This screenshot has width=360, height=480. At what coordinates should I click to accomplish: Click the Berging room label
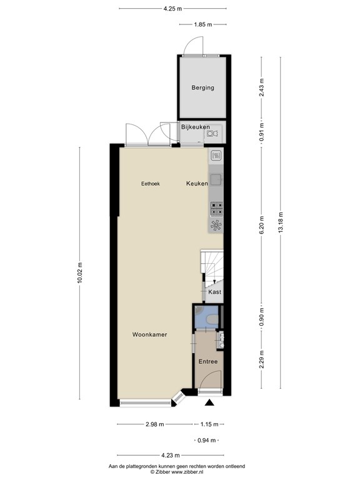tap(202, 87)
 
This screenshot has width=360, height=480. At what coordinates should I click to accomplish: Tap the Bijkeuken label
tap(195, 127)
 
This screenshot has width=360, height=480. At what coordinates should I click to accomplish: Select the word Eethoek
tap(150, 184)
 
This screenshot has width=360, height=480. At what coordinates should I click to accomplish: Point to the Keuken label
tap(197, 183)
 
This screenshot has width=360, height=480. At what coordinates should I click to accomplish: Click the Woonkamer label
tap(150, 334)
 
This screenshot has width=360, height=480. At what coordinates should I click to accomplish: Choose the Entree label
tap(208, 361)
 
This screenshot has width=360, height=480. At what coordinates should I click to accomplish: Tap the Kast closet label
tap(214, 292)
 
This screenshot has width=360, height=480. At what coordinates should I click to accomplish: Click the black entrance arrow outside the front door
tap(210, 403)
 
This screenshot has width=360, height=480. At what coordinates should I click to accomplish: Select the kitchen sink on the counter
tap(216, 179)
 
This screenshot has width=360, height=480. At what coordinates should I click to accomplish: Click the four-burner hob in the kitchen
tap(216, 209)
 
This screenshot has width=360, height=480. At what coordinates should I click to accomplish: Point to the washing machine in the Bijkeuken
tap(212, 133)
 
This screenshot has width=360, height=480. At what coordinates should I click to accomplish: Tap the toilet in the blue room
tap(212, 319)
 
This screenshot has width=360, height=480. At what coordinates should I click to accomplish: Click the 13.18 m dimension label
tap(281, 223)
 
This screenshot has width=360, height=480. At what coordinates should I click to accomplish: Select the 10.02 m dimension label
tap(80, 272)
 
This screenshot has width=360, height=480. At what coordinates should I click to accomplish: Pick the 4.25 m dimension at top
tap(172, 9)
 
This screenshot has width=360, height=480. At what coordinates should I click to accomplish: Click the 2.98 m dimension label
tap(154, 424)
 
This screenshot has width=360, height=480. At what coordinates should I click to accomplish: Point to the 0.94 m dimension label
tap(207, 441)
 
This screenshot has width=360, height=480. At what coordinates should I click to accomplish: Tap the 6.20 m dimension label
tap(261, 225)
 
